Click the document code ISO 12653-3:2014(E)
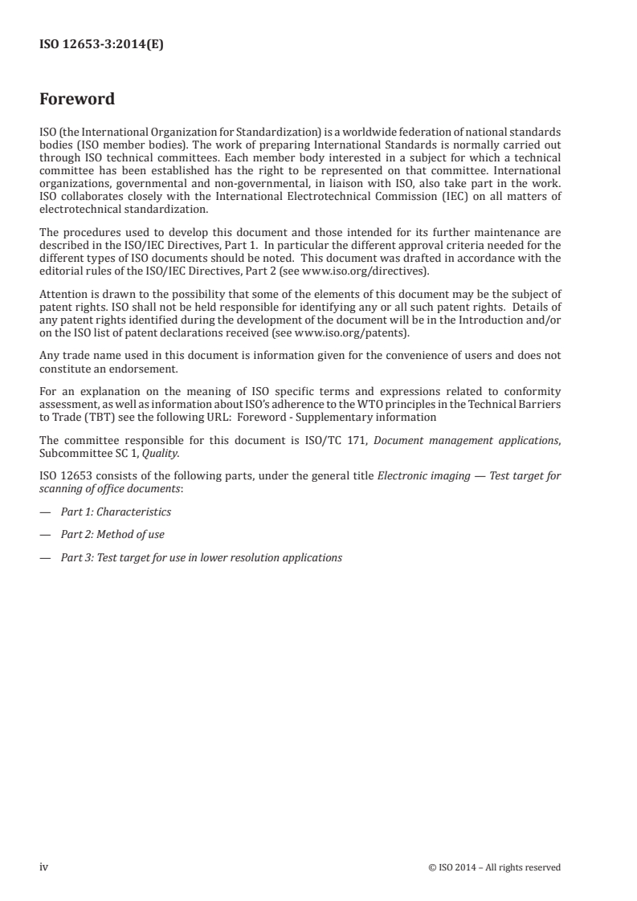click(101, 47)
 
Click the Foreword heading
click(77, 100)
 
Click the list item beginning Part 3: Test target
click(201, 556)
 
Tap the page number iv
click(43, 867)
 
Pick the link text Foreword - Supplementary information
click(346, 417)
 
